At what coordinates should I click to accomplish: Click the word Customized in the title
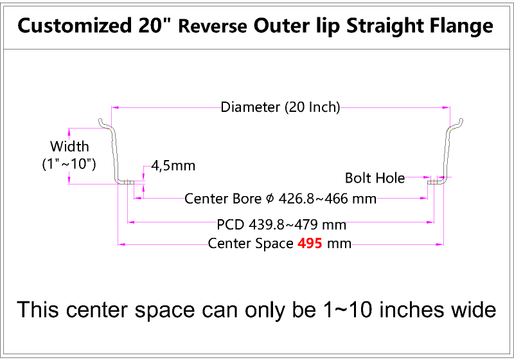point(75,26)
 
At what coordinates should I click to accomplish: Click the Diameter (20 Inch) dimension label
point(281,107)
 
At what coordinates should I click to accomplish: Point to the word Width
point(69,146)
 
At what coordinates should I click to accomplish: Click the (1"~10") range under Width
point(69,163)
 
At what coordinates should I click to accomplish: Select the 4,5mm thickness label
point(173,166)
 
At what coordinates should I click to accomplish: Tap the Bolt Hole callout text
point(375,178)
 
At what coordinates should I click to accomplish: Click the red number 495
point(310,244)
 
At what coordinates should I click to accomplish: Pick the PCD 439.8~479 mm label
point(281,224)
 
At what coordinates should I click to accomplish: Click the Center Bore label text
point(223,199)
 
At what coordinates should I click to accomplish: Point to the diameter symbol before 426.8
point(269,199)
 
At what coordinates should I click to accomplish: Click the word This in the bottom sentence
point(38,310)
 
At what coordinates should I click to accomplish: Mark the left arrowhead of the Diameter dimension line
point(115,107)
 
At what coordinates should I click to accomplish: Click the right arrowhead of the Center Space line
point(440,244)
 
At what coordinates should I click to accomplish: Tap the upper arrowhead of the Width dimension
point(69,132)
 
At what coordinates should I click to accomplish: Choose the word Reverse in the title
point(213,26)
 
